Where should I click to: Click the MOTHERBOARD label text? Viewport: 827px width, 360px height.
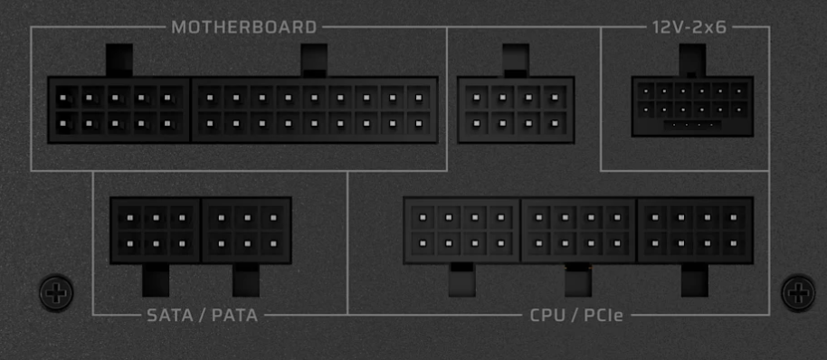(x=244, y=27)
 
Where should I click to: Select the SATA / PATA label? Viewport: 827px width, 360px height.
(x=202, y=315)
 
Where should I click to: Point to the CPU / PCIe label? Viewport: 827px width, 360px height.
(x=576, y=315)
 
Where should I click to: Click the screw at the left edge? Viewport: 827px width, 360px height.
(x=56, y=292)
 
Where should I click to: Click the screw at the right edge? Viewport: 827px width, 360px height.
(x=798, y=292)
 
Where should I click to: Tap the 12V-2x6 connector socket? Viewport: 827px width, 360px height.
(x=692, y=107)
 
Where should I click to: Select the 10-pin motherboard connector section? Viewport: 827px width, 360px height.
(x=119, y=110)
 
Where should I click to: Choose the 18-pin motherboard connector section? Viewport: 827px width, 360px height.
(x=314, y=110)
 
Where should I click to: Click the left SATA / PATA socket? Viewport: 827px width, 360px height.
(x=156, y=231)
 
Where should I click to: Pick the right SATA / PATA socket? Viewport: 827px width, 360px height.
(x=246, y=231)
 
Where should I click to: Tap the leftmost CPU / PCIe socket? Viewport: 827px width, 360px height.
(x=462, y=231)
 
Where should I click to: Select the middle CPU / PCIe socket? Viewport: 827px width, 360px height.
(x=578, y=231)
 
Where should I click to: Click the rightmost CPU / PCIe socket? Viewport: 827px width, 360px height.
(x=695, y=231)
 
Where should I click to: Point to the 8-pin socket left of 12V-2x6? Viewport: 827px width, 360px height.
(x=516, y=110)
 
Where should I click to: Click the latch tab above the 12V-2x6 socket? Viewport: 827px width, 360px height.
(x=692, y=60)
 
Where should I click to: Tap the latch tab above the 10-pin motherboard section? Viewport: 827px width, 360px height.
(x=119, y=60)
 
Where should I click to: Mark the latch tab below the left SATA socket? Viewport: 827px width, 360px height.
(x=156, y=279)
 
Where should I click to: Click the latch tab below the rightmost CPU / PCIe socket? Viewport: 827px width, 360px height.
(x=695, y=279)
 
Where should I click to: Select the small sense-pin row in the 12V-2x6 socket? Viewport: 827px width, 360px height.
(x=692, y=126)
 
